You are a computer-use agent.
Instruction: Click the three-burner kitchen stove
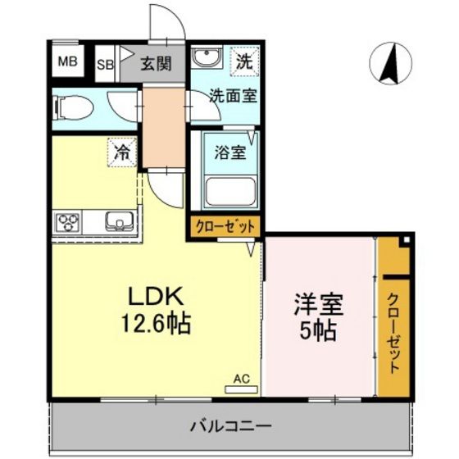pyautogui.click(x=68, y=221)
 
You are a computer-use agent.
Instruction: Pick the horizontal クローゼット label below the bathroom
pyautogui.click(x=225, y=226)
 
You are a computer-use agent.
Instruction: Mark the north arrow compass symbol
pyautogui.click(x=392, y=63)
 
